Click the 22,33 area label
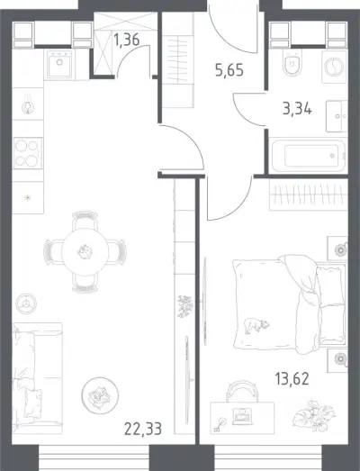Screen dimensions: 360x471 pos(143,429)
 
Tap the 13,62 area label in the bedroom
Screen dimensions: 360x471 pos(292,378)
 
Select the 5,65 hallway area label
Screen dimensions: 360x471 pos(229,70)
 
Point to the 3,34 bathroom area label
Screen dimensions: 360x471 pos(297,108)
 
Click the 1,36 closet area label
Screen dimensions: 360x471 pos(127,40)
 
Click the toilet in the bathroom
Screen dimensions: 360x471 pos(292,62)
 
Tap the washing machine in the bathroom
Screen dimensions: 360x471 pos(334,67)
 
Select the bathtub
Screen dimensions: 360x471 pos(309,155)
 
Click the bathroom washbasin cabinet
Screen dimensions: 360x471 pos(337,116)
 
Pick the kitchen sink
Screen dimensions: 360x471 pos(59,64)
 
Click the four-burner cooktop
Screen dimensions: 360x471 pos(28,153)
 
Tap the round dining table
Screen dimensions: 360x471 pos(85,252)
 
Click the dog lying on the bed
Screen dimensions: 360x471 pos(256,326)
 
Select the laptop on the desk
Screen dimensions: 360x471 pos(242,417)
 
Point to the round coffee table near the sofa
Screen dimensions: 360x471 pos(100,395)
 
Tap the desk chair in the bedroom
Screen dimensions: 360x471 pos(241,391)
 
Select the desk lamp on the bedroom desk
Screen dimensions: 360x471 pos(220,425)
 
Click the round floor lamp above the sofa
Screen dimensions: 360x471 pos(26,303)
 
